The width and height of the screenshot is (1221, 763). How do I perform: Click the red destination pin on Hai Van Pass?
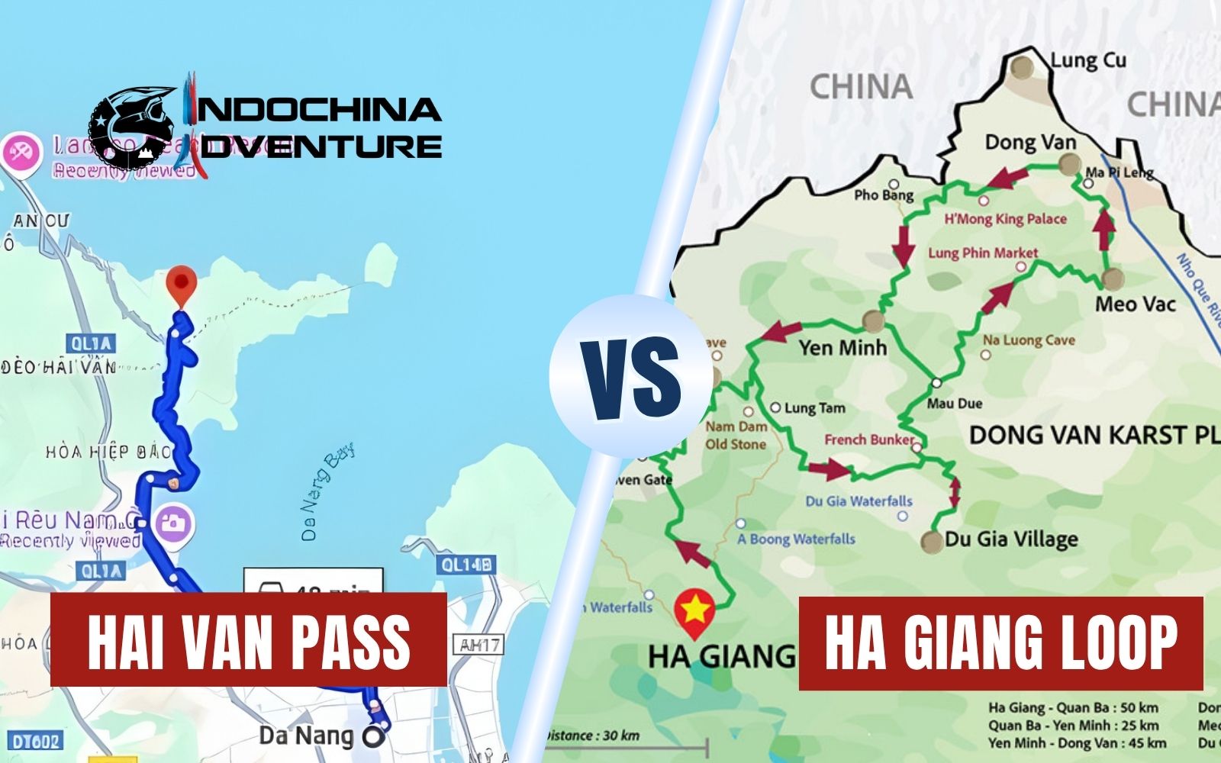[x=181, y=283]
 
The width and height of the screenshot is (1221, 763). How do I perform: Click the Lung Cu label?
[x=1087, y=60]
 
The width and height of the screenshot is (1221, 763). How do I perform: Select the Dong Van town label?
[x=1029, y=143]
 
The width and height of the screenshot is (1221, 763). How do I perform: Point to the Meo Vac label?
[x=1135, y=304]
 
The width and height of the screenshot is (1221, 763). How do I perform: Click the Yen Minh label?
[x=842, y=348]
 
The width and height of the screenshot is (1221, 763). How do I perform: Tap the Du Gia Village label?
[x=1011, y=539]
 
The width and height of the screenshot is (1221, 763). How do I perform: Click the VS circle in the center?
[x=630, y=376]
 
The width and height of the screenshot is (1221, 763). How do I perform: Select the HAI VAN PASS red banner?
[x=248, y=639]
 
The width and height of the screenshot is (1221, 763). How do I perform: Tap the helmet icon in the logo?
[x=134, y=126]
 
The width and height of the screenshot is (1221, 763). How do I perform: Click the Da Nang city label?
[x=306, y=736]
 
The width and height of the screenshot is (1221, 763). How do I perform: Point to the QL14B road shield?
[x=466, y=565]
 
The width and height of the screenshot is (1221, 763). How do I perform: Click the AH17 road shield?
[x=480, y=645]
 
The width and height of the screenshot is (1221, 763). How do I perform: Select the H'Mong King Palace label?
[x=1005, y=219]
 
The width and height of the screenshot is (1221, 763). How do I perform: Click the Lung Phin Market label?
[x=983, y=253]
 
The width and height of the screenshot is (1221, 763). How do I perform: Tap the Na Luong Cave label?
[x=1028, y=340]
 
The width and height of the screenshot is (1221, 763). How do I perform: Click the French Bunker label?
[x=868, y=439]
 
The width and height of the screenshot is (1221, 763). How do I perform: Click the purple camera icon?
[x=174, y=523]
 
